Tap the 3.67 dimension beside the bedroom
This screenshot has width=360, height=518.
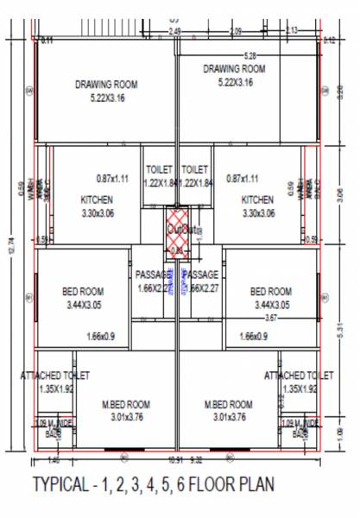tap(270, 318)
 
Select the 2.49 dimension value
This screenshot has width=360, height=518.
tap(175, 31)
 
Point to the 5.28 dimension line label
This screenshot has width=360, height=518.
tap(251, 54)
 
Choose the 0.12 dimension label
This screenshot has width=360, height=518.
tap(328, 40)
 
